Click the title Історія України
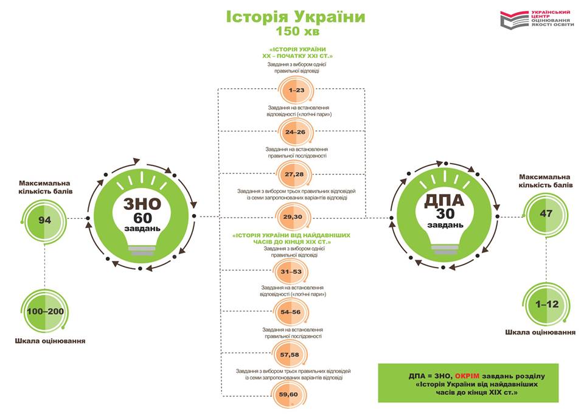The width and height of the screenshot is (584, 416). [x=296, y=16]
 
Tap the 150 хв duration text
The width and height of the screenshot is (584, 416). [x=296, y=30]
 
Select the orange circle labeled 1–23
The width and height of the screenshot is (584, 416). [x=296, y=90]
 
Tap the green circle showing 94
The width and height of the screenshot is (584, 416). [x=44, y=220]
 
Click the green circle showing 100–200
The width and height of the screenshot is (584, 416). [x=44, y=311]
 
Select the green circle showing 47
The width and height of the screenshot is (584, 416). [x=545, y=213]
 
